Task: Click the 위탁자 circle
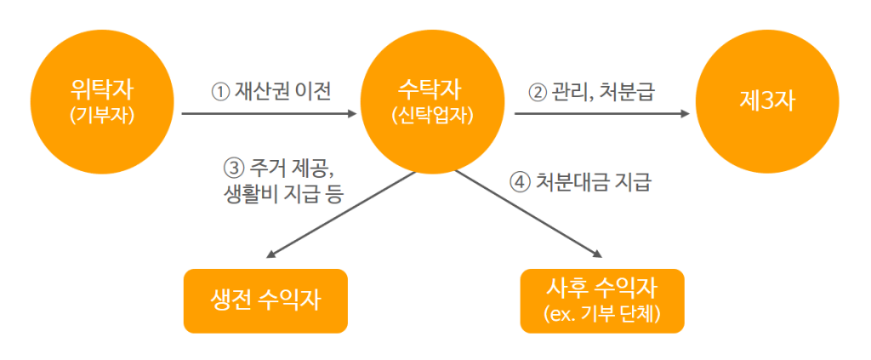tap(102, 102)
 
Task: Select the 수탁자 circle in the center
tap(432, 102)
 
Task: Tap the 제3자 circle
tap(767, 102)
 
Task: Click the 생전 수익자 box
tap(265, 301)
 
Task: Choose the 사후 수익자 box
tap(602, 301)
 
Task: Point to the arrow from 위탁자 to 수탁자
tap(269, 114)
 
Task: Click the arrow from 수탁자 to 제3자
tap(601, 114)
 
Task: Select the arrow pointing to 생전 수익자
tap(341, 215)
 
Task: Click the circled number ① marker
tap(220, 92)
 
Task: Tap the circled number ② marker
tap(537, 92)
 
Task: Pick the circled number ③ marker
tap(233, 168)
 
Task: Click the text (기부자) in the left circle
tap(102, 115)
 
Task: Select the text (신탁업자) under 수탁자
tap(432, 115)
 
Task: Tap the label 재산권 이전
tap(284, 92)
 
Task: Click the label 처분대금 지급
tap(593, 183)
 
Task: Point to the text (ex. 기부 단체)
tap(602, 314)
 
